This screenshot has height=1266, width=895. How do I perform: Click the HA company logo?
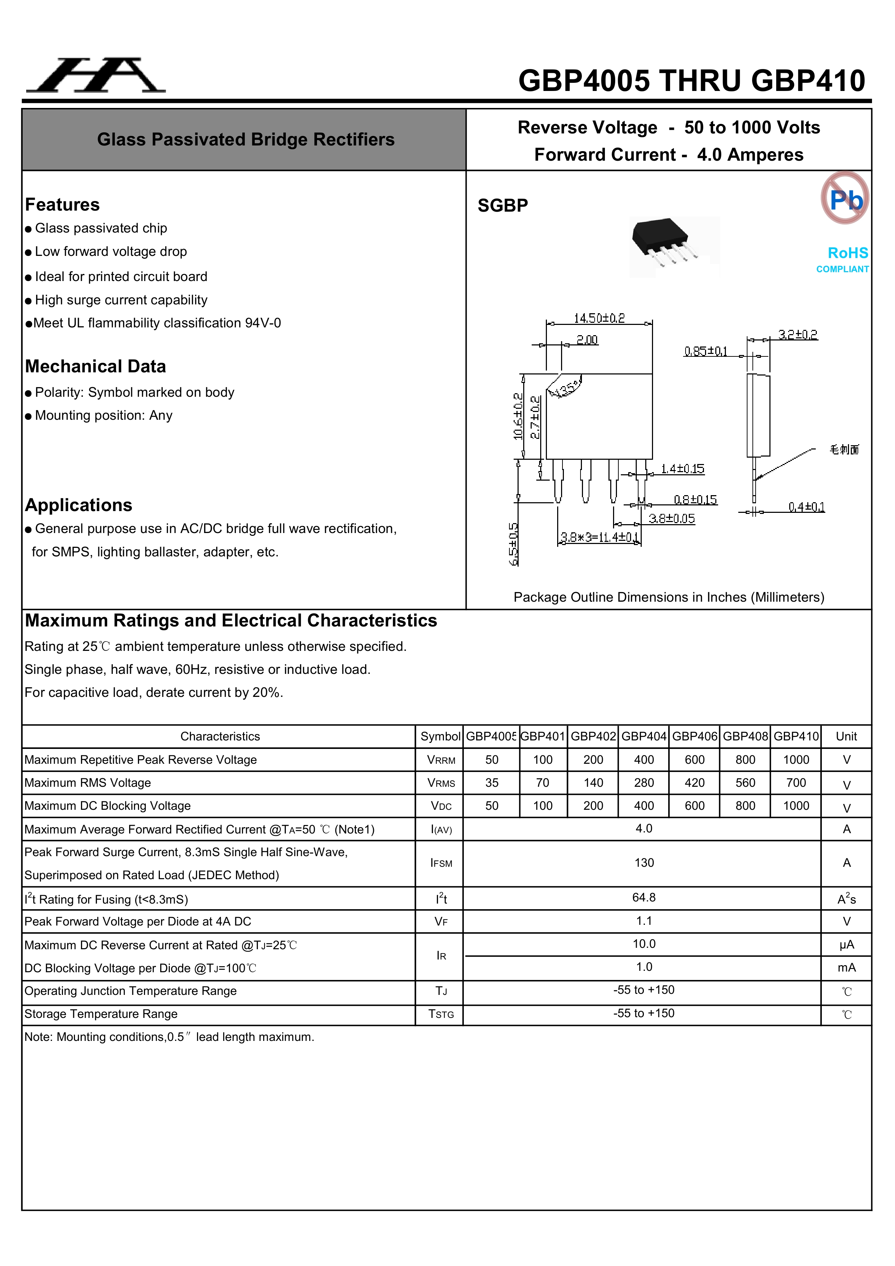click(x=96, y=75)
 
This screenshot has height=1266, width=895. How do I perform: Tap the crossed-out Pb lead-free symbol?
click(x=845, y=198)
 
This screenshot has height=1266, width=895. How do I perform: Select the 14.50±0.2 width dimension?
click(x=599, y=318)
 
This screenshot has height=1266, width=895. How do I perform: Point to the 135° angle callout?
click(x=568, y=388)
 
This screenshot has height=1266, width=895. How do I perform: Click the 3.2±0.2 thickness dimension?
click(x=797, y=334)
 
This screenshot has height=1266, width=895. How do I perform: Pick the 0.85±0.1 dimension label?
click(x=705, y=351)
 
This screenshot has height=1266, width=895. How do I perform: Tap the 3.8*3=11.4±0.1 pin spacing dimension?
click(x=599, y=537)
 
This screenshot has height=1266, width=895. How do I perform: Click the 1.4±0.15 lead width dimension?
click(x=682, y=469)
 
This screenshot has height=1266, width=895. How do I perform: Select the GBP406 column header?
click(x=694, y=736)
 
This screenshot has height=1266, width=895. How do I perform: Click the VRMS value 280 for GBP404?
click(x=644, y=783)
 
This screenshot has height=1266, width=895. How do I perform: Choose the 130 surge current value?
click(x=644, y=863)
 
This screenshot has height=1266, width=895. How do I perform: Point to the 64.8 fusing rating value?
click(x=644, y=898)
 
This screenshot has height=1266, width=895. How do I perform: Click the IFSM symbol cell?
click(x=441, y=863)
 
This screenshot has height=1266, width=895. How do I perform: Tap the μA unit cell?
click(x=847, y=945)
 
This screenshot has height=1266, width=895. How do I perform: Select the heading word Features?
click(x=62, y=205)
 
